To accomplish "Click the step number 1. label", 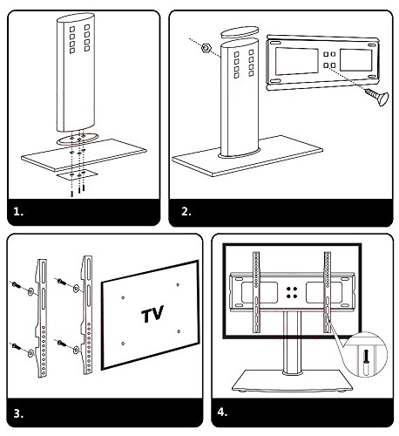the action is pyautogui.click(x=18, y=212).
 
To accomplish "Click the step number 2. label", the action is pyautogui.click(x=186, y=211).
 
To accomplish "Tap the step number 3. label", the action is pyautogui.click(x=18, y=413).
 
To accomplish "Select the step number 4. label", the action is pyautogui.click(x=222, y=412).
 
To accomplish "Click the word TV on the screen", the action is pyautogui.click(x=152, y=314).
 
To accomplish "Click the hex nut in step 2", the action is pyautogui.click(x=206, y=48).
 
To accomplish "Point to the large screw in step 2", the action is pyautogui.click(x=377, y=97).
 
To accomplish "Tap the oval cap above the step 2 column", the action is pyautogui.click(x=240, y=32).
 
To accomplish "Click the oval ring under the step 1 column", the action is pyautogui.click(x=77, y=139).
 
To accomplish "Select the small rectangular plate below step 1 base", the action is pyautogui.click(x=77, y=174).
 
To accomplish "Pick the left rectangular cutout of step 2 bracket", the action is pyautogui.click(x=297, y=61).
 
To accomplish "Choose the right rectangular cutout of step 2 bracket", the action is pyautogui.click(x=356, y=60).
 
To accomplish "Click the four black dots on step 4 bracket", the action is pyautogui.click(x=292, y=292).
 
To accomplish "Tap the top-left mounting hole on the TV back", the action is pyautogui.click(x=123, y=297).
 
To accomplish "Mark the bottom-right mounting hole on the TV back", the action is pyautogui.click(x=179, y=331).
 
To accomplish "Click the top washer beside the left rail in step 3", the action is pyautogui.click(x=30, y=291).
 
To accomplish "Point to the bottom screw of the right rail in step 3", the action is pyautogui.click(x=62, y=344).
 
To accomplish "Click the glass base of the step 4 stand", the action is pyautogui.click(x=293, y=380).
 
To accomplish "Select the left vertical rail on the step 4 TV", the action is pyautogui.click(x=256, y=292).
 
